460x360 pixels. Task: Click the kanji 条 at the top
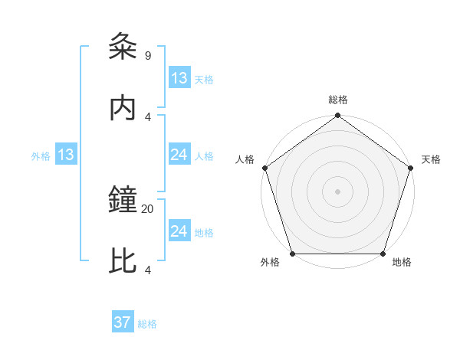tap(123, 47)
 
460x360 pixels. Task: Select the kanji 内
tap(123, 108)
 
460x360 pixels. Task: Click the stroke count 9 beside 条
tap(147, 55)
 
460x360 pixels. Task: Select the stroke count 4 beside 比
tap(147, 270)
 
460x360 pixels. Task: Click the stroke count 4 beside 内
tap(147, 116)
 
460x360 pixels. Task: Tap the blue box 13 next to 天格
tap(179, 78)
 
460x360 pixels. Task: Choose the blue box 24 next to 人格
tap(179, 155)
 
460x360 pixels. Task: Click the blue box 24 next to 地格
tap(179, 231)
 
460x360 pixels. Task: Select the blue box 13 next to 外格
tap(66, 155)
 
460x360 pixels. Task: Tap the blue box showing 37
tap(123, 322)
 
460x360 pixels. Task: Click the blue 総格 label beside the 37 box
tap(147, 324)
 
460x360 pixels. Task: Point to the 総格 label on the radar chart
tap(338, 100)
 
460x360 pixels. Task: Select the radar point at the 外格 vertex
tap(292, 254)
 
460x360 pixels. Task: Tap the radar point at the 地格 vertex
tap(383, 254)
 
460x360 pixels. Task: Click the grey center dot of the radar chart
tap(338, 191)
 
